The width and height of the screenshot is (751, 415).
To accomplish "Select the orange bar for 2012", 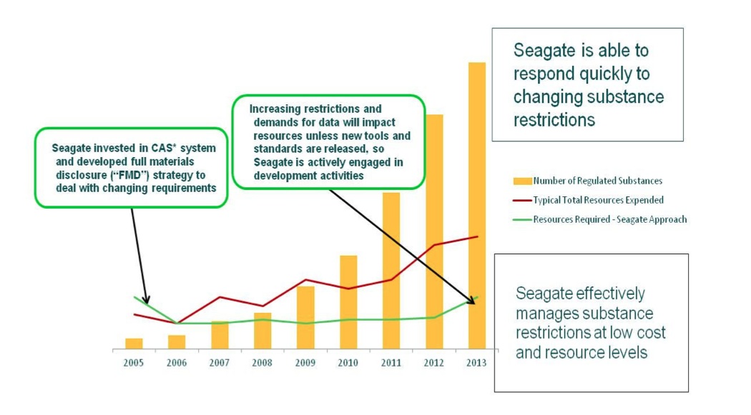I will pyautogui.click(x=434, y=231).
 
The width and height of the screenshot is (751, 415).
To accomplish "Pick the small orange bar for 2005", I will pyautogui.click(x=134, y=344).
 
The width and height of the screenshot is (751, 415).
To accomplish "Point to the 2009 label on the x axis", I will pyautogui.click(x=305, y=363).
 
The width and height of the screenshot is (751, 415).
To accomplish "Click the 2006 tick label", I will pyautogui.click(x=177, y=363).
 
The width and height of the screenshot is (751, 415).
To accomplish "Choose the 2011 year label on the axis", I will pyautogui.click(x=391, y=363).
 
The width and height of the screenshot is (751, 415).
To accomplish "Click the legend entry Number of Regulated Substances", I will pyautogui.click(x=597, y=181).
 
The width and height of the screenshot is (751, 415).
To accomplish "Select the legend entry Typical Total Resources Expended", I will pyautogui.click(x=598, y=200).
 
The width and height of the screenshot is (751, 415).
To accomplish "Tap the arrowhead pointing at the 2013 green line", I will pyautogui.click(x=472, y=301).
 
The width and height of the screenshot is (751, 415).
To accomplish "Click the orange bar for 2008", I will pyautogui.click(x=262, y=331).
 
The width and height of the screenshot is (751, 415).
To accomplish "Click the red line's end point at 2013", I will pyautogui.click(x=477, y=236).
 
